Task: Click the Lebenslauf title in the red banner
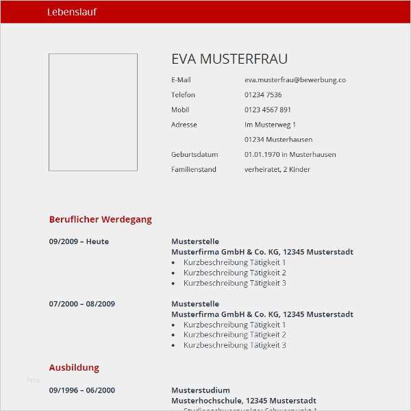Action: (x=72, y=12)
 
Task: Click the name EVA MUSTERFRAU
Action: (x=229, y=59)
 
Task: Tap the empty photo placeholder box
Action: (x=92, y=112)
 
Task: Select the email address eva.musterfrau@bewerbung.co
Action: (x=295, y=80)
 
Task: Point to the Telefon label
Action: (x=183, y=95)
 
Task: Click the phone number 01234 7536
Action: (x=263, y=95)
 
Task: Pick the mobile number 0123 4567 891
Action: (x=268, y=110)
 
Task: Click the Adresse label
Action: (x=184, y=125)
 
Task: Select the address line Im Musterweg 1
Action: (x=270, y=125)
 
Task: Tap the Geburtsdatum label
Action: (x=195, y=155)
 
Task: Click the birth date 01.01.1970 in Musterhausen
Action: (x=290, y=155)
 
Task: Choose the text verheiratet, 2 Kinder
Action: (x=277, y=169)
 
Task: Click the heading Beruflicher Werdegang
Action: (x=100, y=220)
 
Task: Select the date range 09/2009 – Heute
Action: (x=79, y=242)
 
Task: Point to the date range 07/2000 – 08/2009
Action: (x=82, y=303)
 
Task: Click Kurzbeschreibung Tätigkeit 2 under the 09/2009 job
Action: (x=234, y=273)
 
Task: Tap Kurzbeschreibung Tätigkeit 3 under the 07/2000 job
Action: (x=234, y=345)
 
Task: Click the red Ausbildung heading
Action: (x=74, y=368)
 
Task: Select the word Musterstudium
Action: (x=200, y=390)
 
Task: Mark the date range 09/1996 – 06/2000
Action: (x=82, y=390)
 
